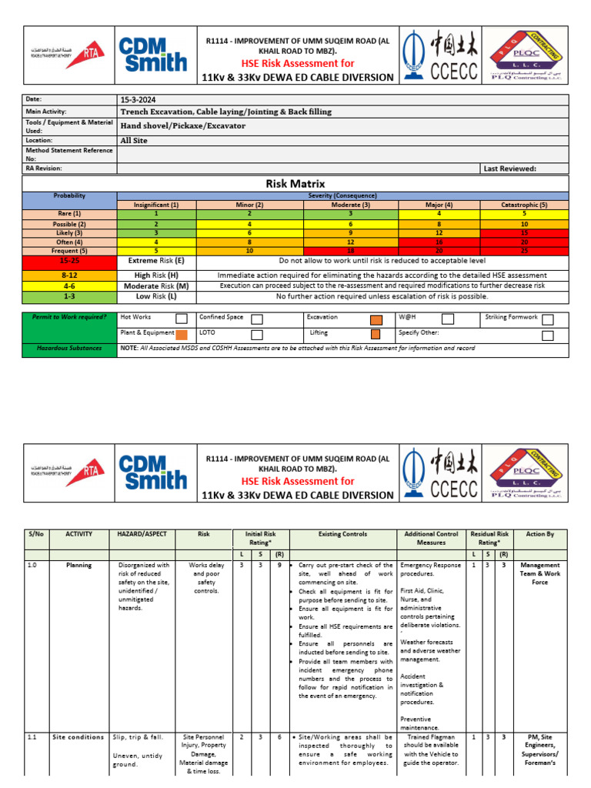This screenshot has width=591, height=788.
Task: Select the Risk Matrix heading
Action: coord(295,184)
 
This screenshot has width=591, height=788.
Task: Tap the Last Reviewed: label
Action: coord(509,168)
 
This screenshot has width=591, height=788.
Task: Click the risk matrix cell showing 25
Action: coord(523,251)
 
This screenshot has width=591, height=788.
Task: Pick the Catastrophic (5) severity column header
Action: coord(523,205)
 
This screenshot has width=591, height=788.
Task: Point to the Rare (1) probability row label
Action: coord(69,214)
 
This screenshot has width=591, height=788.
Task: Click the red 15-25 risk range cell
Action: coord(69,261)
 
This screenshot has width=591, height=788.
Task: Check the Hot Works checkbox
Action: coord(181,319)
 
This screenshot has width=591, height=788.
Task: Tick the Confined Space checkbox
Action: coord(257,319)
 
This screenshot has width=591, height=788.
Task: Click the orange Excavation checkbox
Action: coord(376,319)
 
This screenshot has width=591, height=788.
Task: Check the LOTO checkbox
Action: coord(257,335)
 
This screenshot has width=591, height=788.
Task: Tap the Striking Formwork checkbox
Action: coord(547,319)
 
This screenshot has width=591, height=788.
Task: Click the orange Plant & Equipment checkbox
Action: coord(181,335)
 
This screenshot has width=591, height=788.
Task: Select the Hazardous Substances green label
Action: coord(69,349)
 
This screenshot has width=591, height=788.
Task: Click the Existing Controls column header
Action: coord(342,533)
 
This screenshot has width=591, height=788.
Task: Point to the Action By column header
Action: coord(539,533)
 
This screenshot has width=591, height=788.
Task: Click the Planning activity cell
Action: coord(78,565)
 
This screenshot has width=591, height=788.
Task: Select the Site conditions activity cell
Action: coord(78,737)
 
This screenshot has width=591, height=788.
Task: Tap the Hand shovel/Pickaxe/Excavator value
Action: coord(183,125)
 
